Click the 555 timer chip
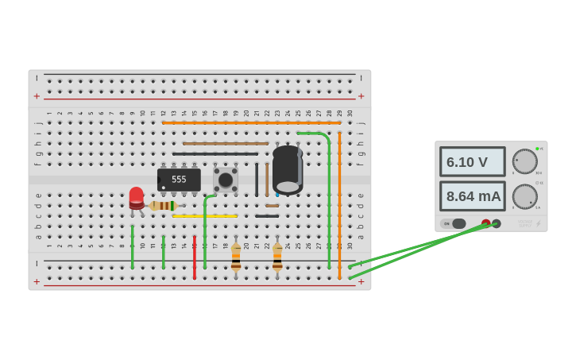click(179, 180)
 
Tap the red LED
click(137, 197)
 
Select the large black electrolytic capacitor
click(288, 169)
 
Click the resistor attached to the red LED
click(164, 206)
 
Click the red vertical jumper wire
click(194, 256)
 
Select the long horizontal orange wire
click(251, 122)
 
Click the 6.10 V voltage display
click(472, 162)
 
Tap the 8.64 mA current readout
click(472, 196)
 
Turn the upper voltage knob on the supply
click(524, 161)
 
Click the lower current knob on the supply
click(524, 196)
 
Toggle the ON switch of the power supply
click(454, 224)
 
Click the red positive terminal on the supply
click(485, 224)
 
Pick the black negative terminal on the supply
click(497, 224)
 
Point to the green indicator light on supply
click(537, 149)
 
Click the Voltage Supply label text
click(525, 223)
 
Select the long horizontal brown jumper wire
click(226, 144)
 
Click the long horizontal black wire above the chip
click(215, 154)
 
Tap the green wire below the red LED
click(133, 246)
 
